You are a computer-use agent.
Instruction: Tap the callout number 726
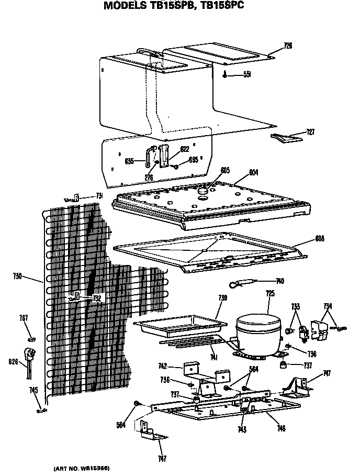point(288,46)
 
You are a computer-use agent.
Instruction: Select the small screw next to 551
point(226,75)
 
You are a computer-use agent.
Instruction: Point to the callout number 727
point(310,132)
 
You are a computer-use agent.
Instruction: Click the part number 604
point(254,172)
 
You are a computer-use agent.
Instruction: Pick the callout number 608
point(320,239)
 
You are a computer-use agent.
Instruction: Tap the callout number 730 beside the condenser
point(17,276)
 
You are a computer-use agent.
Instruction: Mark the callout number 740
point(279,281)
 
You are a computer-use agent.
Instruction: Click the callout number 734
point(328,306)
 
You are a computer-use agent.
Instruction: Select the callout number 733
point(296,306)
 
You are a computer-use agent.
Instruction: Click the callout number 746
point(281,428)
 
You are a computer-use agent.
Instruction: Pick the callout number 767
point(24,318)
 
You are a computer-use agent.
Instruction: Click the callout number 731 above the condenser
point(98,196)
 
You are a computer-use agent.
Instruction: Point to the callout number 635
point(130,161)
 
